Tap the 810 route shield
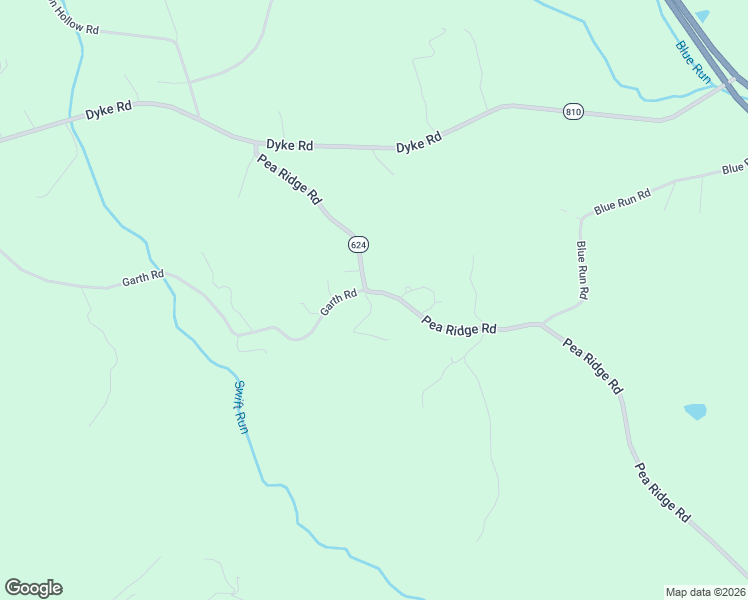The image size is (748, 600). click(572, 111)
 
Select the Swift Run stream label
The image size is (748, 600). click(241, 406)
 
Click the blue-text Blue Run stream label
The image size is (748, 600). click(692, 60)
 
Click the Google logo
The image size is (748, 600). click(33, 588)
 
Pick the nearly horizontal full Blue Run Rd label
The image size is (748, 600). click(622, 201)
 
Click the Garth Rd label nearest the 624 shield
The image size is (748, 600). click(338, 303)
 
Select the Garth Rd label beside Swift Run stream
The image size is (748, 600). click(142, 280)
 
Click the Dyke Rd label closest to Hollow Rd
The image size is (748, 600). click(108, 112)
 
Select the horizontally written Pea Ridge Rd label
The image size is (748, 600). click(459, 326)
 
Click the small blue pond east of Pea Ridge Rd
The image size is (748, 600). click(695, 411)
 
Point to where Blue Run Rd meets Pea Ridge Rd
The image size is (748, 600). click(543, 323)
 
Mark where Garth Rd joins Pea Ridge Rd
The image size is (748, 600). click(365, 290)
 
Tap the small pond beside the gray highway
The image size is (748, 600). click(702, 16)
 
